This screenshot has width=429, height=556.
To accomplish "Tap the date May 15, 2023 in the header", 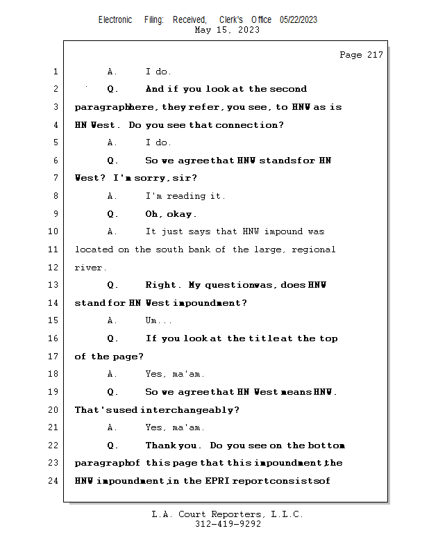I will click(227, 30).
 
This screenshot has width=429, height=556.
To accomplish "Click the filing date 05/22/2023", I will click(298, 20).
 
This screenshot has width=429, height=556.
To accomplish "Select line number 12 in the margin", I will click(54, 268).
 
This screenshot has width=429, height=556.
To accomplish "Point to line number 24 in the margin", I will click(54, 481).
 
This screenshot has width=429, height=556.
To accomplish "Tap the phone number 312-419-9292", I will click(228, 524).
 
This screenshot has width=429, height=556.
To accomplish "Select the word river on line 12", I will click(90, 268).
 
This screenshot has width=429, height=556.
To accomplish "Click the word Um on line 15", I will click(152, 321).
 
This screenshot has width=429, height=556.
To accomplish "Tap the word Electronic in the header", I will click(115, 20).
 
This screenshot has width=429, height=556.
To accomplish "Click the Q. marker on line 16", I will click(113, 338).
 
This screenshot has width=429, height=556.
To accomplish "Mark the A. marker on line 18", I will click(113, 375).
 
